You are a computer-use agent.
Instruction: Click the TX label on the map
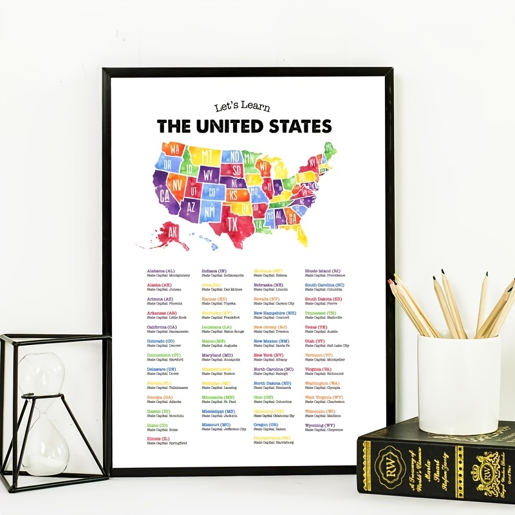[x=232, y=222]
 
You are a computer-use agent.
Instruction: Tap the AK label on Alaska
[x=172, y=234]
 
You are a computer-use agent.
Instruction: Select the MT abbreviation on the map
[x=207, y=156]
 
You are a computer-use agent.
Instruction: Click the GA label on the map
[x=293, y=218]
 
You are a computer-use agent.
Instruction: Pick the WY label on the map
[x=209, y=174]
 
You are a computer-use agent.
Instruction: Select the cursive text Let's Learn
[x=242, y=108]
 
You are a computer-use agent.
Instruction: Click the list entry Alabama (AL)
[x=161, y=271]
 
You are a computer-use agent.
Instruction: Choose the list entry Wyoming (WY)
[x=320, y=426]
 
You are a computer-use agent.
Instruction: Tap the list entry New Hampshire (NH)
[x=275, y=313]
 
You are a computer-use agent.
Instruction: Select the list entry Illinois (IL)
[x=158, y=439]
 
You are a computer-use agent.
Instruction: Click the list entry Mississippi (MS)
[x=218, y=411]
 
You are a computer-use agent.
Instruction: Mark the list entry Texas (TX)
[x=315, y=327]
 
